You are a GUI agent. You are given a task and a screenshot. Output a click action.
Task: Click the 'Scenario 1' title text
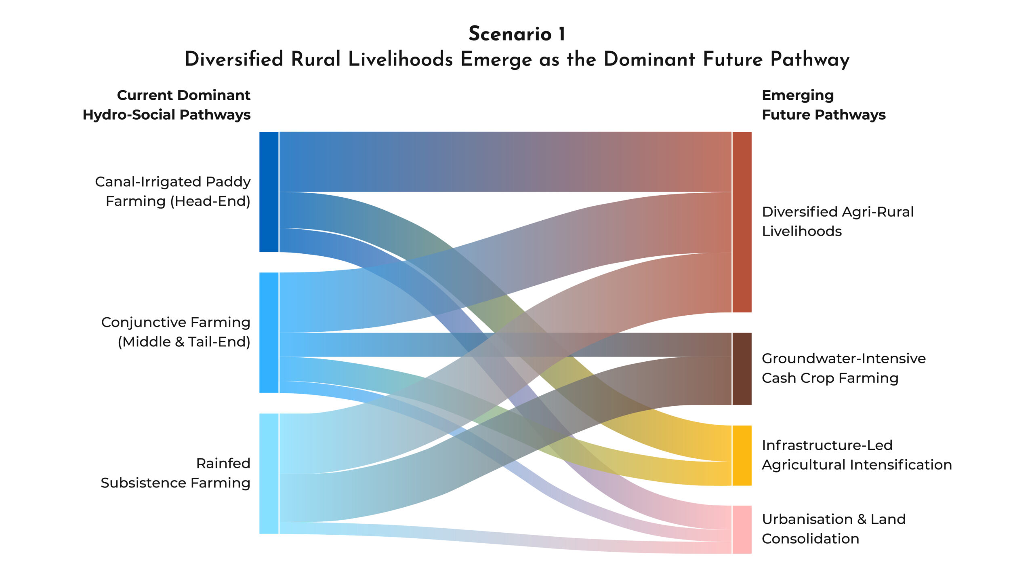tap(517, 34)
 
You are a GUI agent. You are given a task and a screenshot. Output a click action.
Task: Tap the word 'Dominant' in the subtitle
tap(649, 60)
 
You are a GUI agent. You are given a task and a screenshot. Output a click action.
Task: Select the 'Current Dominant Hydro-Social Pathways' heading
tap(166, 105)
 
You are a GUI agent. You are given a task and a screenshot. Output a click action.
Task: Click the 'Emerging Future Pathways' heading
tap(823, 105)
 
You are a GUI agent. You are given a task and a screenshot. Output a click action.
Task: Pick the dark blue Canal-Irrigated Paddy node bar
tap(269, 192)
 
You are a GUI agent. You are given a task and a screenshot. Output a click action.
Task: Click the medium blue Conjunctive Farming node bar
tap(269, 332)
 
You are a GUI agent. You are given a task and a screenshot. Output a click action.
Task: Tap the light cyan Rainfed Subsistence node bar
tap(269, 473)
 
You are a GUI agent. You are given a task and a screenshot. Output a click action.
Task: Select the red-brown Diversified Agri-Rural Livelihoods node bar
tap(742, 222)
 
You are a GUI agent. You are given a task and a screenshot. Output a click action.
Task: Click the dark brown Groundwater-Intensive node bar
tap(742, 369)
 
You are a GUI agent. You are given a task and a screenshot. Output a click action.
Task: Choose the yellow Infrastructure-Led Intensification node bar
tap(742, 455)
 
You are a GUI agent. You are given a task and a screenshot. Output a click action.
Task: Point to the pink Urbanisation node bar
tap(742, 529)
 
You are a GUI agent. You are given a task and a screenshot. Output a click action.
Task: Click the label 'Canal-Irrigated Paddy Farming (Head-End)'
tap(173, 191)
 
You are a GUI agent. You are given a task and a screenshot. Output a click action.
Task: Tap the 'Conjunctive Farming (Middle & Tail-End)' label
tap(176, 332)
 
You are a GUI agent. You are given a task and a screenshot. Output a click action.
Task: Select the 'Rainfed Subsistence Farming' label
tap(176, 473)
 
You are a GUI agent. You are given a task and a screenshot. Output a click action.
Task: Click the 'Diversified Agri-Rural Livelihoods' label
tap(837, 221)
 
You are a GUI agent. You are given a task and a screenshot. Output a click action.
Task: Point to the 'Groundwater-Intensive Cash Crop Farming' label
tap(843, 368)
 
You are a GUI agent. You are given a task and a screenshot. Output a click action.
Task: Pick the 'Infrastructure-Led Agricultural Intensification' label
tap(856, 455)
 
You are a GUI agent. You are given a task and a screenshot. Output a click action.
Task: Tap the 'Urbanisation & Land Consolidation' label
tap(833, 529)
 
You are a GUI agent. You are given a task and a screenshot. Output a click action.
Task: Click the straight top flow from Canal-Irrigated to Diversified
tap(505, 162)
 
